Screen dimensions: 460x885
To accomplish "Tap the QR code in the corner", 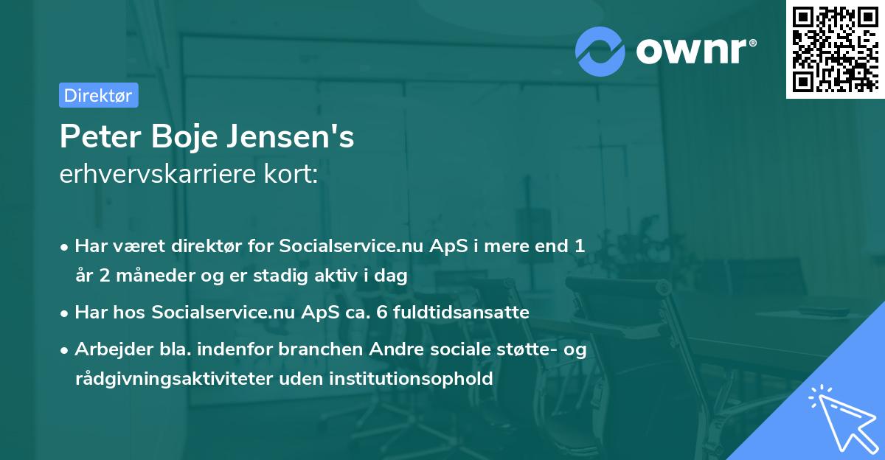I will (835, 49).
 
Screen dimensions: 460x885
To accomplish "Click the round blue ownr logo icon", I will (600, 52).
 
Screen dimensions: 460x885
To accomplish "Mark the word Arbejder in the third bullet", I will (108, 349).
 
